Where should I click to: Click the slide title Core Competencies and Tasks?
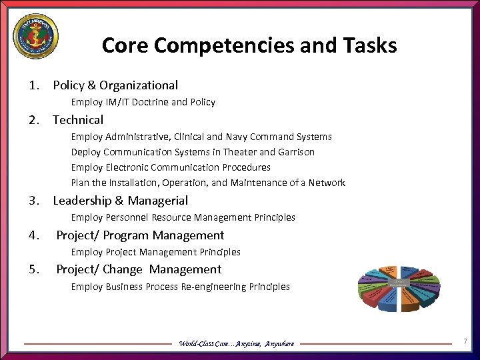(x=249, y=45)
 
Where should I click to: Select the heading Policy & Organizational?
(x=115, y=85)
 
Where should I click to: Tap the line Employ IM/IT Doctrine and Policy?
(x=143, y=102)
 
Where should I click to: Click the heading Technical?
(x=78, y=120)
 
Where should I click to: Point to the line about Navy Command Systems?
(x=201, y=137)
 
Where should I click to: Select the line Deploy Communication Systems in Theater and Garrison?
(x=193, y=152)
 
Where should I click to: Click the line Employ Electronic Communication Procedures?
(x=171, y=167)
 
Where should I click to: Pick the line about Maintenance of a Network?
(x=208, y=183)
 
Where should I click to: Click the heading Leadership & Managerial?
(x=120, y=201)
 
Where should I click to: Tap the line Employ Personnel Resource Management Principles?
(x=183, y=217)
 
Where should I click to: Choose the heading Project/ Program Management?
(x=140, y=235)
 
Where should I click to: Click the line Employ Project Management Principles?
(x=155, y=252)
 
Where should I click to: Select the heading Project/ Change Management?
(x=139, y=269)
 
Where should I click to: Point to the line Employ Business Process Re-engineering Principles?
(x=180, y=287)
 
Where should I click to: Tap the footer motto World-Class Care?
(x=236, y=343)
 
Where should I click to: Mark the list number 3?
(x=33, y=201)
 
